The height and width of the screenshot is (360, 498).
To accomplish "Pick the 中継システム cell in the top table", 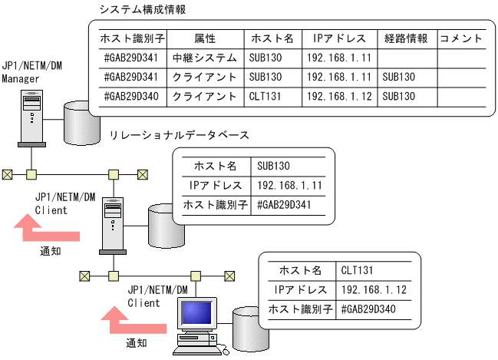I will [205, 58].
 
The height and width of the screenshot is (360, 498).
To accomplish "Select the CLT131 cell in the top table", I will [265, 97].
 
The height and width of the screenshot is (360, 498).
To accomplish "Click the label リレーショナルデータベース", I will [179, 134].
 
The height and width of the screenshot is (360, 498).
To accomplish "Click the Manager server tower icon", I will [31, 115].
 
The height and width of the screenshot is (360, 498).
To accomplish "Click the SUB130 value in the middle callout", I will [274, 165].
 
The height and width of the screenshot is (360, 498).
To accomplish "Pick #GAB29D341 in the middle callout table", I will [284, 205].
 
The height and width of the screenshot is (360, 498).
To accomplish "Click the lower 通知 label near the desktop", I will [136, 342].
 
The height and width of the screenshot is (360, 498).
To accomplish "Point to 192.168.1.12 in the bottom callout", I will [373, 290].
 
